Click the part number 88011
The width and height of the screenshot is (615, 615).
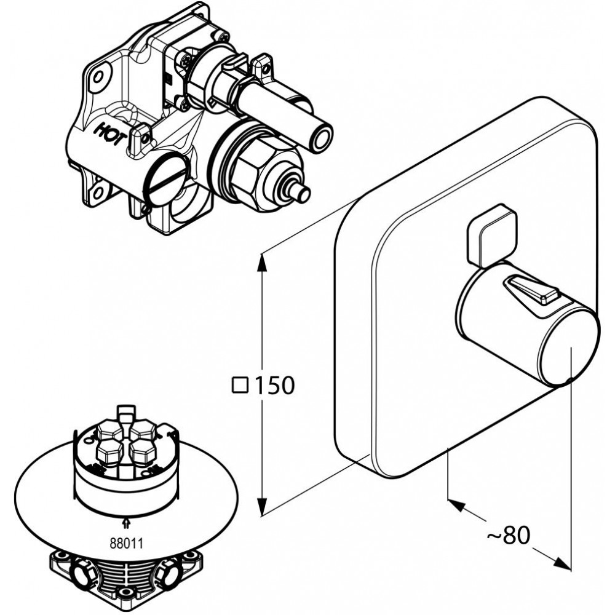tap(126, 543)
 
